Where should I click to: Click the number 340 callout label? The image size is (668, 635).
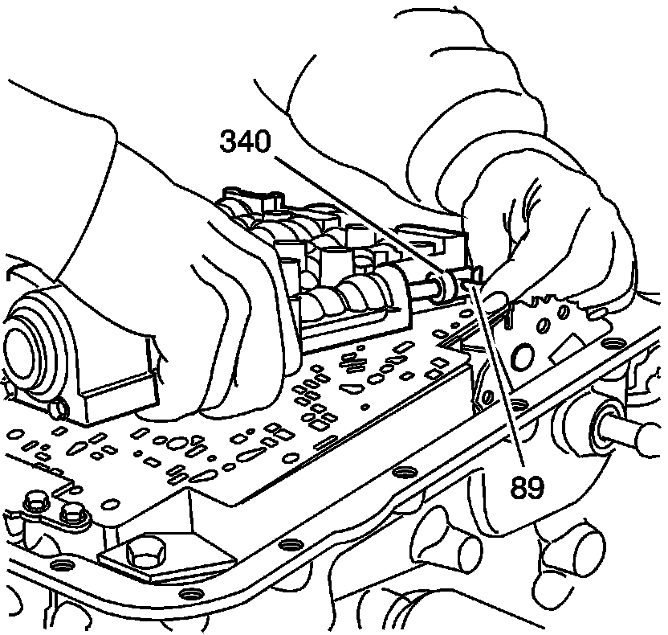point(245,142)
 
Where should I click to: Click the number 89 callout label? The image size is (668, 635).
point(526,485)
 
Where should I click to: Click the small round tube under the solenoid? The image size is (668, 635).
point(58,411)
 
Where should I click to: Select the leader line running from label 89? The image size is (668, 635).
point(498,370)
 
